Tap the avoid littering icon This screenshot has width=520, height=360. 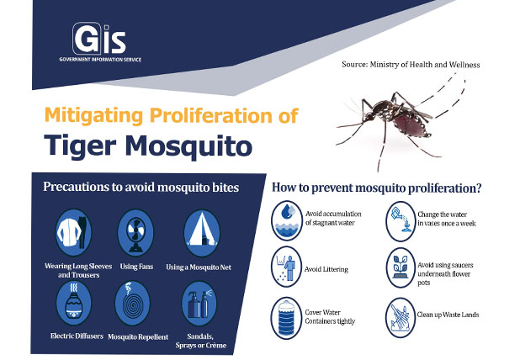tap(289, 268)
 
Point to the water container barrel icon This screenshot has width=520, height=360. tap(289, 316)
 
